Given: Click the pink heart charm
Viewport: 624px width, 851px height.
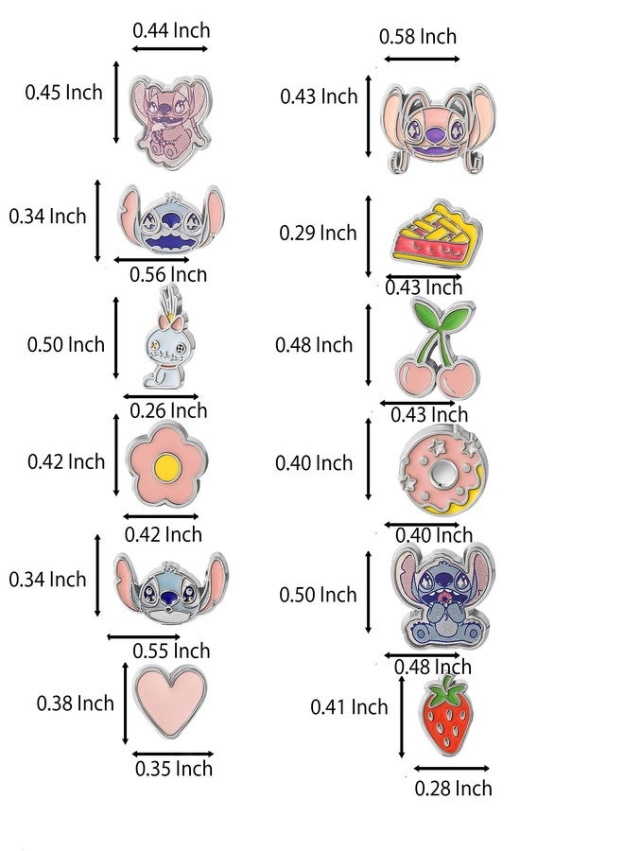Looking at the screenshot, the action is tap(170, 701).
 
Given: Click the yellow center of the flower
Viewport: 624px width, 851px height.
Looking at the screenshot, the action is tap(166, 467).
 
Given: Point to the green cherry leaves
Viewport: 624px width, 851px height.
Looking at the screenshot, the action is tap(443, 320).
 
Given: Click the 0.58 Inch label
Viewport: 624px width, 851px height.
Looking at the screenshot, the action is tap(418, 37).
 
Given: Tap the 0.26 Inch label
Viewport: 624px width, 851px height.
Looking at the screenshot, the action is tap(168, 411).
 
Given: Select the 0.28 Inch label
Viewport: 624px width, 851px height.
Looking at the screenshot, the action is tap(453, 788).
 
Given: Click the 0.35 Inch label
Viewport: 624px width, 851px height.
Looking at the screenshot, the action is tap(174, 769).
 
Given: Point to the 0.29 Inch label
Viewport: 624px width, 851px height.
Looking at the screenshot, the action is tap(318, 233).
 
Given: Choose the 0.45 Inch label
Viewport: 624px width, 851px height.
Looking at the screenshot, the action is tap(63, 93).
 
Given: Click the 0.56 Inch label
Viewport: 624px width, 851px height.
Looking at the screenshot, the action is tap(168, 274).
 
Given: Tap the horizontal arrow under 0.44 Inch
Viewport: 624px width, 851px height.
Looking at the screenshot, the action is tap(170, 49).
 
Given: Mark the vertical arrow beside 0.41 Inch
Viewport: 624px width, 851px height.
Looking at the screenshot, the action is tap(402, 717).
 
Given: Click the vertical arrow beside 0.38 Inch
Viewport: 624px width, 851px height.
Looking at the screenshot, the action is tap(126, 703).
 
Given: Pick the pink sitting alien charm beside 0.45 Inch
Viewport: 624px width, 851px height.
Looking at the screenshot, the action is tap(171, 120).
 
